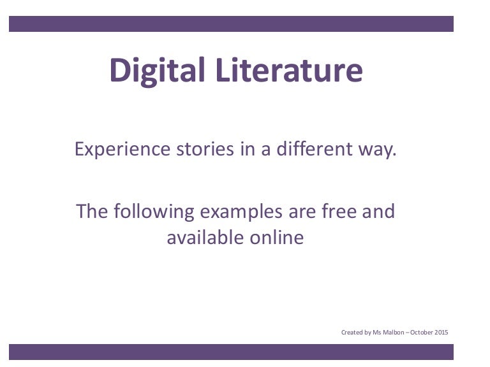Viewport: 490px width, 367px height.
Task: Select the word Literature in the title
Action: tap(288, 70)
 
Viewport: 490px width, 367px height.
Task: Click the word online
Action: tap(276, 238)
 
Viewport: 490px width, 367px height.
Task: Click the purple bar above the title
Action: tap(231, 24)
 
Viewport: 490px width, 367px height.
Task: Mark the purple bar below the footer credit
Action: tap(231, 352)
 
